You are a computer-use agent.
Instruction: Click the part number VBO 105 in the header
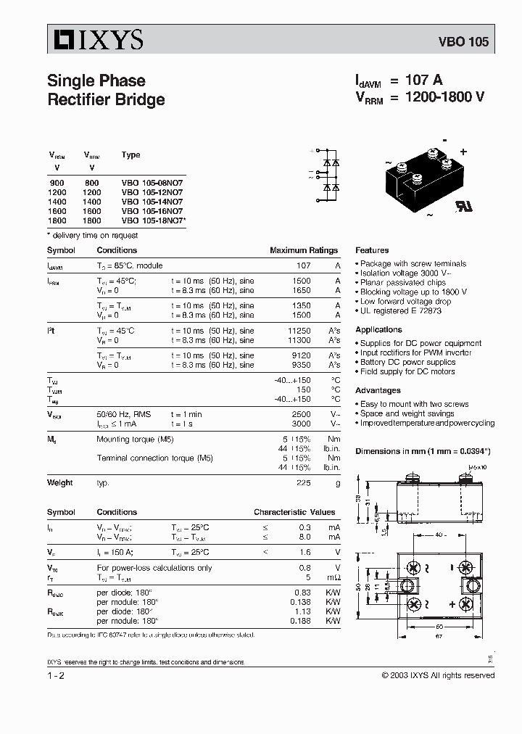click(463, 42)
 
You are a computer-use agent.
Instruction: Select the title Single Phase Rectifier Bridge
click(106, 90)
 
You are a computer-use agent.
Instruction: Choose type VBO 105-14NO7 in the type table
click(152, 202)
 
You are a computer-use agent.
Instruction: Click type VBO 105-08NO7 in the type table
click(152, 184)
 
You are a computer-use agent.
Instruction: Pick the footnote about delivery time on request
click(92, 235)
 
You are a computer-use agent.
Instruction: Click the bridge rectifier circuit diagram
click(328, 174)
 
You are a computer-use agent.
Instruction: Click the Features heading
click(372, 250)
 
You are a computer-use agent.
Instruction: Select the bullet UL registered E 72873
click(399, 310)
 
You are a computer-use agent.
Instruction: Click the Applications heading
click(378, 329)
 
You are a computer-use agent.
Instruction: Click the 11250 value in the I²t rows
click(299, 330)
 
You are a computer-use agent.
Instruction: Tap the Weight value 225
click(303, 482)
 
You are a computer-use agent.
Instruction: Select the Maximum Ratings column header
click(304, 250)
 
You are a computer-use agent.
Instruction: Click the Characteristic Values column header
click(294, 512)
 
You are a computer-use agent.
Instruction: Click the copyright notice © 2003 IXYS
click(438, 675)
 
